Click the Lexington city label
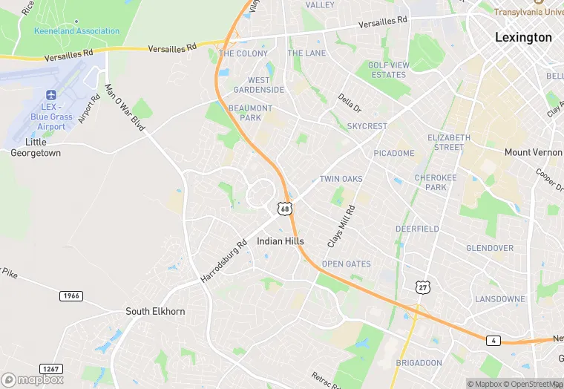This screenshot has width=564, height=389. pyautogui.click(x=524, y=37)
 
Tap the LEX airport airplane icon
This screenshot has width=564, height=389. pyautogui.click(x=51, y=96)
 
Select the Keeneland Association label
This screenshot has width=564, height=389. pyautogui.click(x=76, y=31)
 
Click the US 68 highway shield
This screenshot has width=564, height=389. pyautogui.click(x=285, y=209)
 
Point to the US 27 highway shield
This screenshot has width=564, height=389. pyautogui.click(x=422, y=287)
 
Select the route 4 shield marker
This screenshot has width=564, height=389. pyautogui.click(x=494, y=341)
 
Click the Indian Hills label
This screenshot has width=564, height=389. pyautogui.click(x=281, y=241)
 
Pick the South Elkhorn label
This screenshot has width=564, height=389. pyautogui.click(x=155, y=311)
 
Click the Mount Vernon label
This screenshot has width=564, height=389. pyautogui.click(x=533, y=152)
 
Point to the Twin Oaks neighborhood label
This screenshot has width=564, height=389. pyautogui.click(x=341, y=179)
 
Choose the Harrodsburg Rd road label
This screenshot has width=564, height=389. pyautogui.click(x=223, y=261)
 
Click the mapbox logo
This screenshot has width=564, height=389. pyautogui.click(x=33, y=379)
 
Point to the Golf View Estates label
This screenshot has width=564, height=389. pyautogui.click(x=388, y=70)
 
